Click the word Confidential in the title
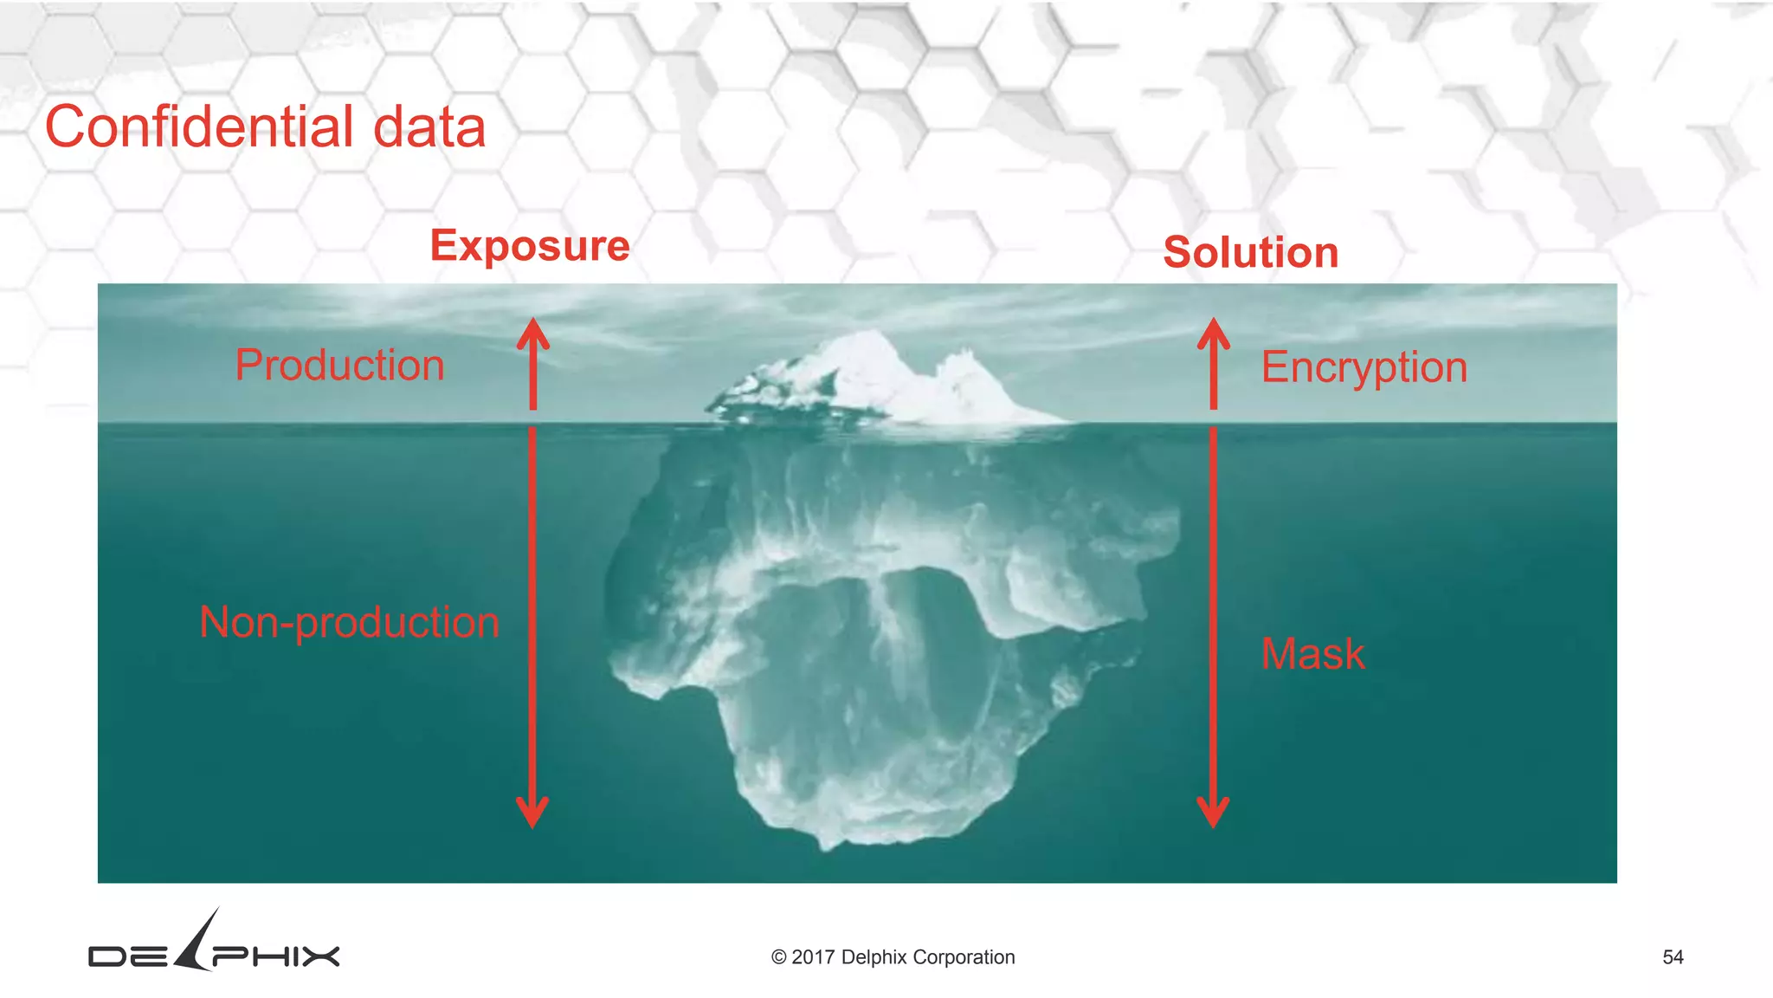pyautogui.click(x=199, y=126)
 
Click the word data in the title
pyautogui.click(x=429, y=126)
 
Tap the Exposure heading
pyautogui.click(x=530, y=246)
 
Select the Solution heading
pyautogui.click(x=1251, y=253)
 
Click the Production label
pyautogui.click(x=339, y=365)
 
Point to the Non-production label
pyautogui.click(x=350, y=622)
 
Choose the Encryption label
pyautogui.click(x=1364, y=367)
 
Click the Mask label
pyautogui.click(x=1312, y=653)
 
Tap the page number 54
pyautogui.click(x=1673, y=957)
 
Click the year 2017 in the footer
pyautogui.click(x=813, y=957)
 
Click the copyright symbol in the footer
pyautogui.click(x=778, y=957)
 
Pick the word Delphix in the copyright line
pyautogui.click(x=874, y=957)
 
